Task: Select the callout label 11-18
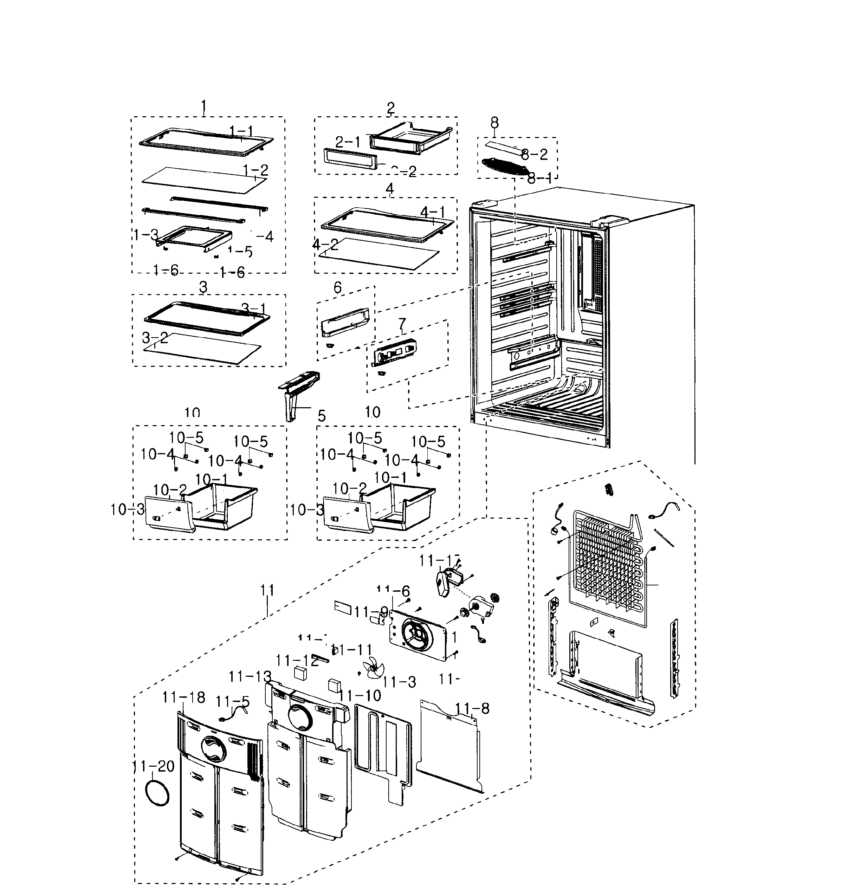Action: pyautogui.click(x=184, y=698)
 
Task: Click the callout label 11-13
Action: pyautogui.click(x=250, y=677)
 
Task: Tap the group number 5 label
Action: pyautogui.click(x=322, y=416)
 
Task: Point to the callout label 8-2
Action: pyautogui.click(x=534, y=155)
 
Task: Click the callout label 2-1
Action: pyautogui.click(x=348, y=143)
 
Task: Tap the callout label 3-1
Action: pyautogui.click(x=254, y=309)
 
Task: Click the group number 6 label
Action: pyautogui.click(x=338, y=288)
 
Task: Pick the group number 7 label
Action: pyautogui.click(x=402, y=324)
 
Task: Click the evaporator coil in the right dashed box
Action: pyautogui.click(x=607, y=569)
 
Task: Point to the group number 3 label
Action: pyautogui.click(x=203, y=287)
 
